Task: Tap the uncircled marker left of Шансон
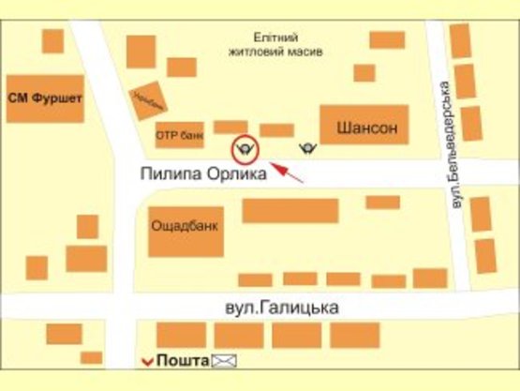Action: (x=306, y=147)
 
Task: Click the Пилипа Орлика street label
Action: (x=205, y=173)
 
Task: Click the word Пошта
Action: (x=182, y=360)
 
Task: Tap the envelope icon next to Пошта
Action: (x=225, y=360)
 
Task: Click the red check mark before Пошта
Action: (x=146, y=361)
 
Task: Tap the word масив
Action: (x=303, y=53)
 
